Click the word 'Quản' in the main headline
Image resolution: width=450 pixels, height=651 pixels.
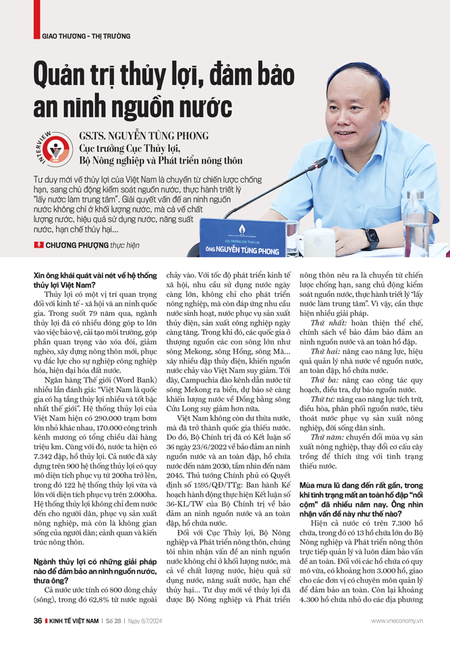coord(62,76)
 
